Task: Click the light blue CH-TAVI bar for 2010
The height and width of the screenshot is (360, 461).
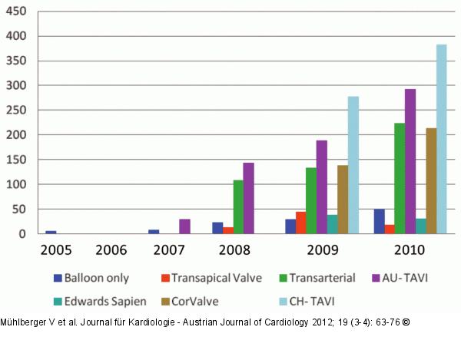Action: [x=441, y=139]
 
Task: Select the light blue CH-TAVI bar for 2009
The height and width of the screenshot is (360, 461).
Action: [x=353, y=165]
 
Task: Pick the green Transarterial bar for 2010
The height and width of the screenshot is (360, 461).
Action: [x=400, y=178]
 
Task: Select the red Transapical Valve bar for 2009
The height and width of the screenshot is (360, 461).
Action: [x=300, y=223]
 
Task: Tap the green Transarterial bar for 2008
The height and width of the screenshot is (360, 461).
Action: [x=238, y=207]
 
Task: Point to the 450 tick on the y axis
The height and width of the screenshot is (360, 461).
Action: [x=17, y=12]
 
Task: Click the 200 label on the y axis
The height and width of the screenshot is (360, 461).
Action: [x=17, y=135]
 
